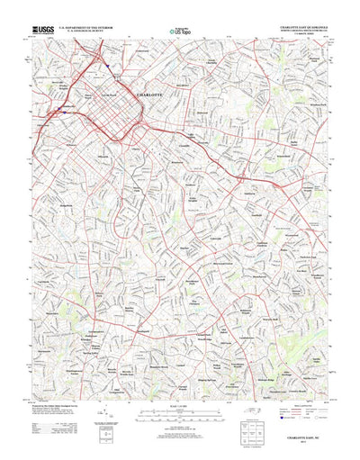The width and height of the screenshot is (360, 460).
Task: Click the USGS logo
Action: [x=41, y=31]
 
